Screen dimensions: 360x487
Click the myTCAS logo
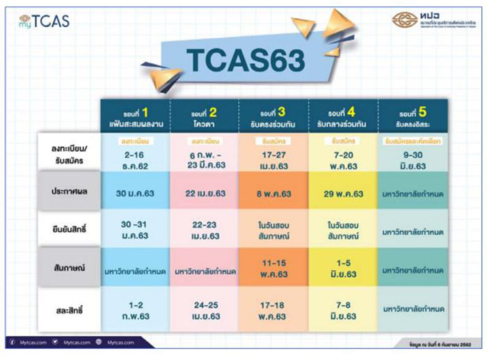tap(45, 20)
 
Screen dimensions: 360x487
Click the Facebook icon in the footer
tap(12, 342)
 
